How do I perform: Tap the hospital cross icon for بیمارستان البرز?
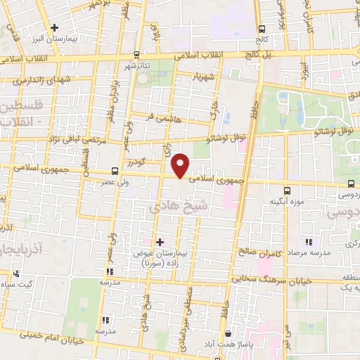[53, 27]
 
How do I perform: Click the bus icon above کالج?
[262, 29]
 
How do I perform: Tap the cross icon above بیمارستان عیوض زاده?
[160, 242]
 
